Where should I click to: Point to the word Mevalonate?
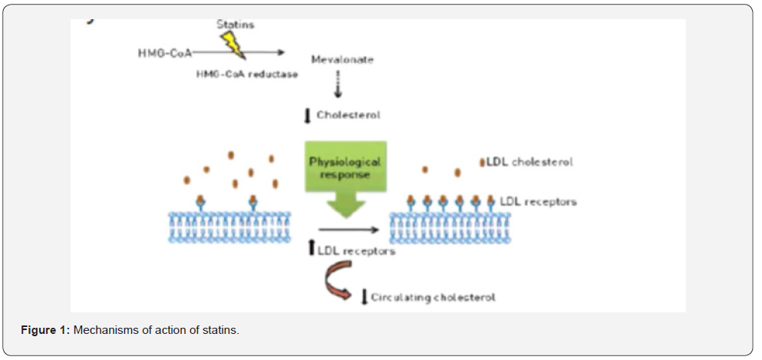coord(341,59)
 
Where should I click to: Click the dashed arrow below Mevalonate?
coord(338,85)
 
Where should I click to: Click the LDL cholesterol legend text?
coord(529,162)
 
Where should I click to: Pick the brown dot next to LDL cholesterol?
coord(482,162)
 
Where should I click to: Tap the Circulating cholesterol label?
coord(434,297)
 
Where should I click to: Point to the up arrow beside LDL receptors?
coord(311,248)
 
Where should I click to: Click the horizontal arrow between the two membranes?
coord(349,229)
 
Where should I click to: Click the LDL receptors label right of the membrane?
coord(538,202)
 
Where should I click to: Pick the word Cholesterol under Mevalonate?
coord(348,116)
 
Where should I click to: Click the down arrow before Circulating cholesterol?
coord(364,297)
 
